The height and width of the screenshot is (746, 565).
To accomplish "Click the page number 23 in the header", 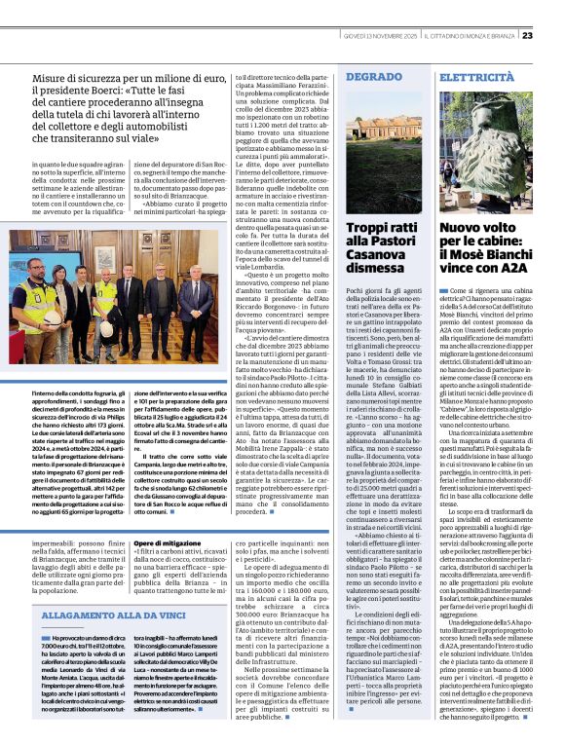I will coord(553,9).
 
